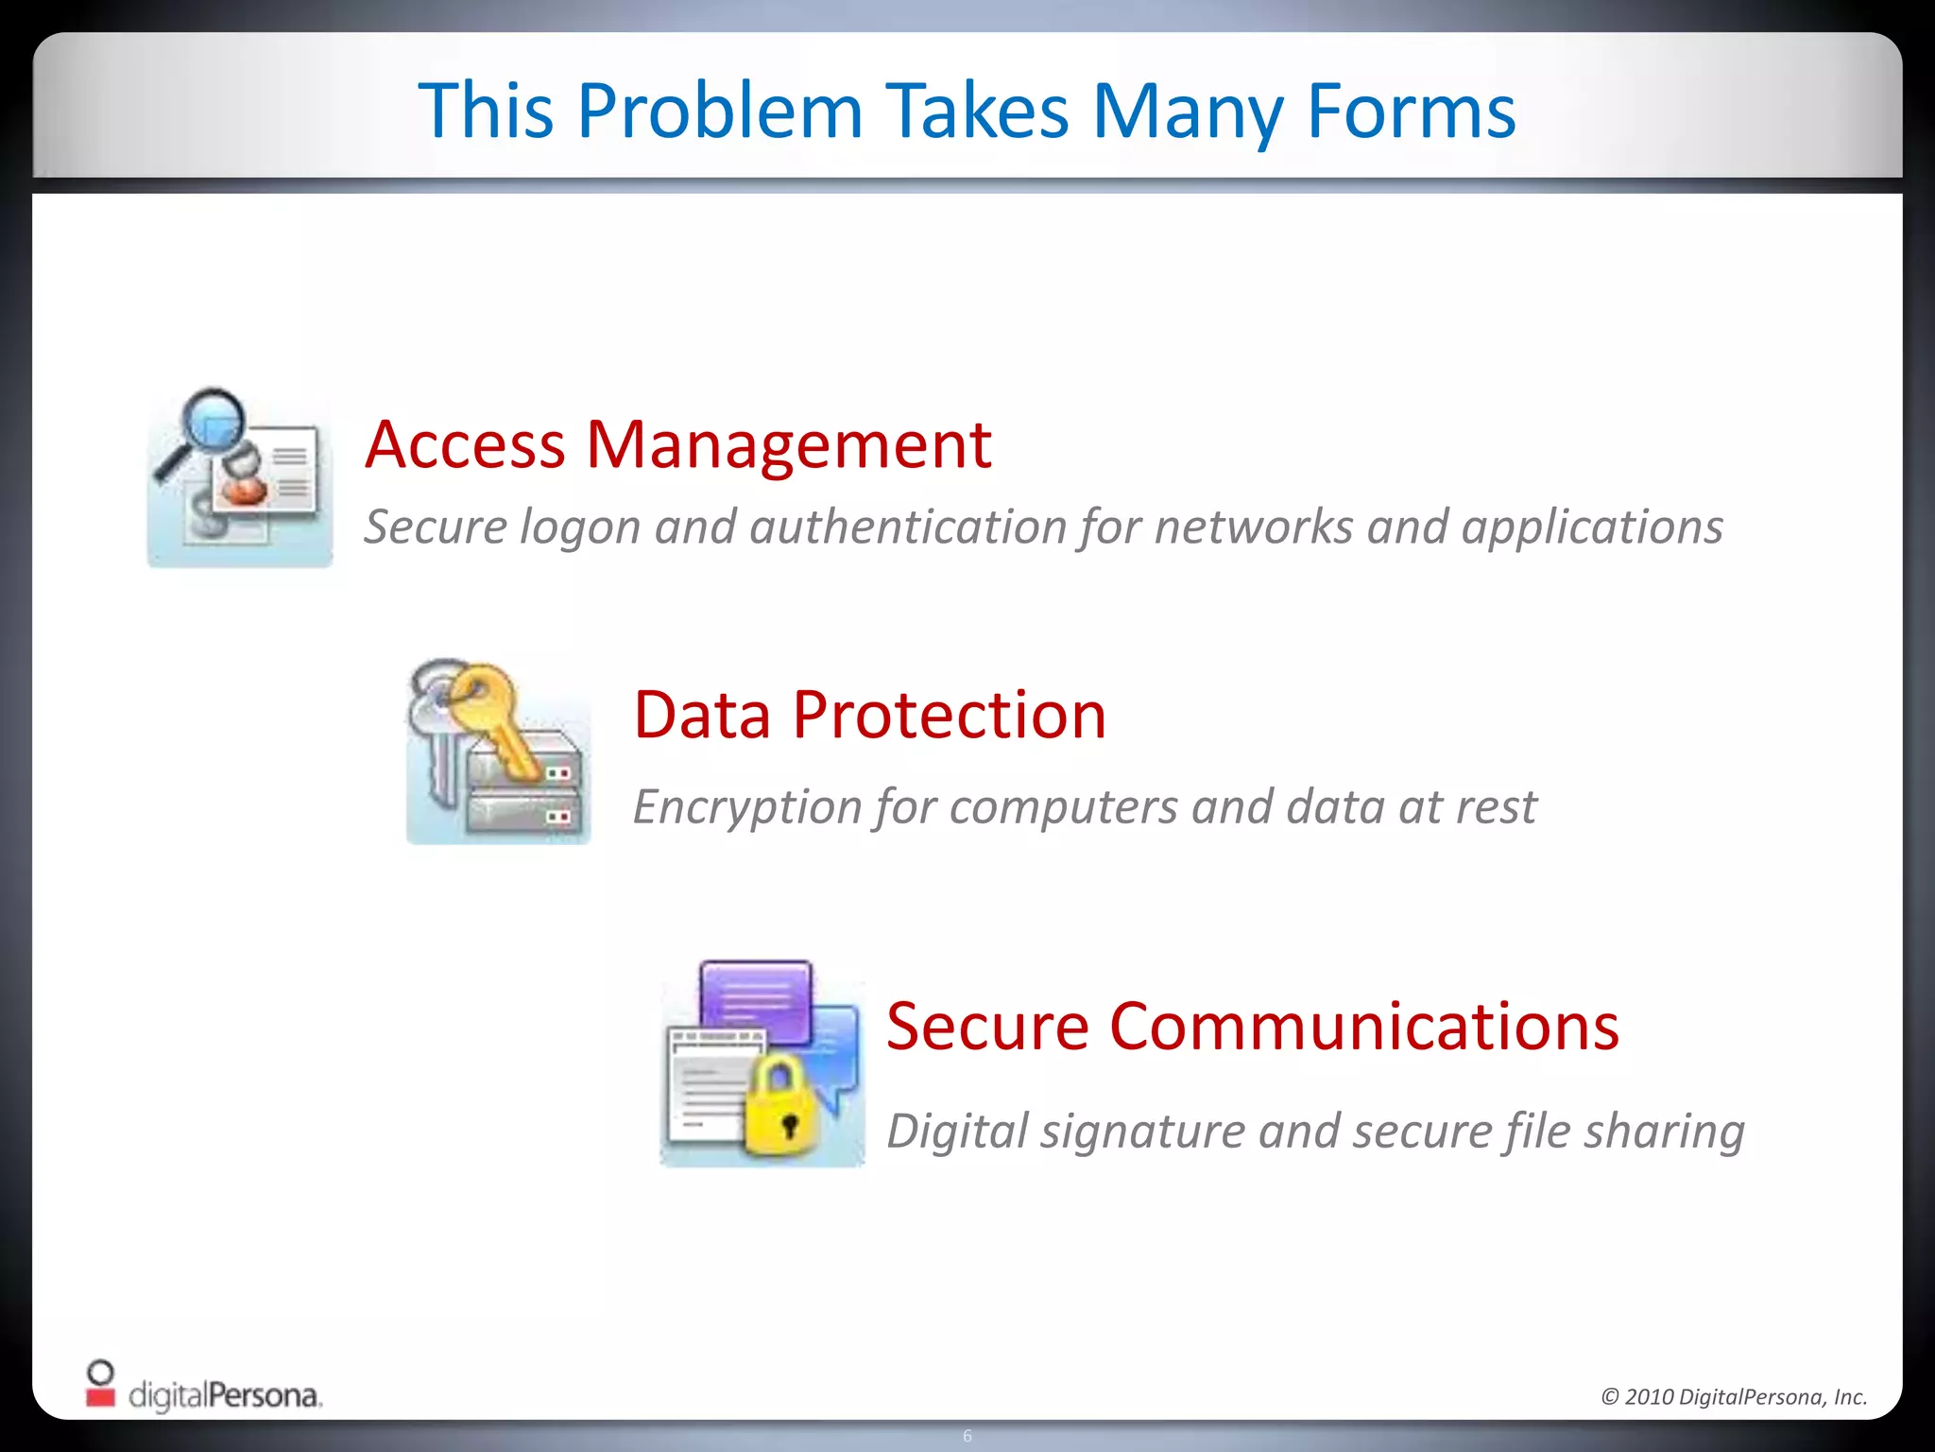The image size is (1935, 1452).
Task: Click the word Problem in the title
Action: (x=720, y=112)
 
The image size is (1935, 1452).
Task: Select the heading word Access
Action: (x=465, y=444)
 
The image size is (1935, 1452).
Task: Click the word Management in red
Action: (x=788, y=446)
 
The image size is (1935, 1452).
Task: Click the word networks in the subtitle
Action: (x=1253, y=527)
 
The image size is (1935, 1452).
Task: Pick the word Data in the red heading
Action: (x=702, y=715)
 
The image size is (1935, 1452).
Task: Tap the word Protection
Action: (x=949, y=715)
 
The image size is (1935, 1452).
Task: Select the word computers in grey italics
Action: (x=1063, y=807)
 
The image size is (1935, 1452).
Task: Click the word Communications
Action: (x=1363, y=1027)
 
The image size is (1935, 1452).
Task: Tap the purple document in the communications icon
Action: (x=756, y=1000)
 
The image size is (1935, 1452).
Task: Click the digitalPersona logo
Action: (x=204, y=1388)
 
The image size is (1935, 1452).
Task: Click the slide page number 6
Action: (x=967, y=1436)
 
